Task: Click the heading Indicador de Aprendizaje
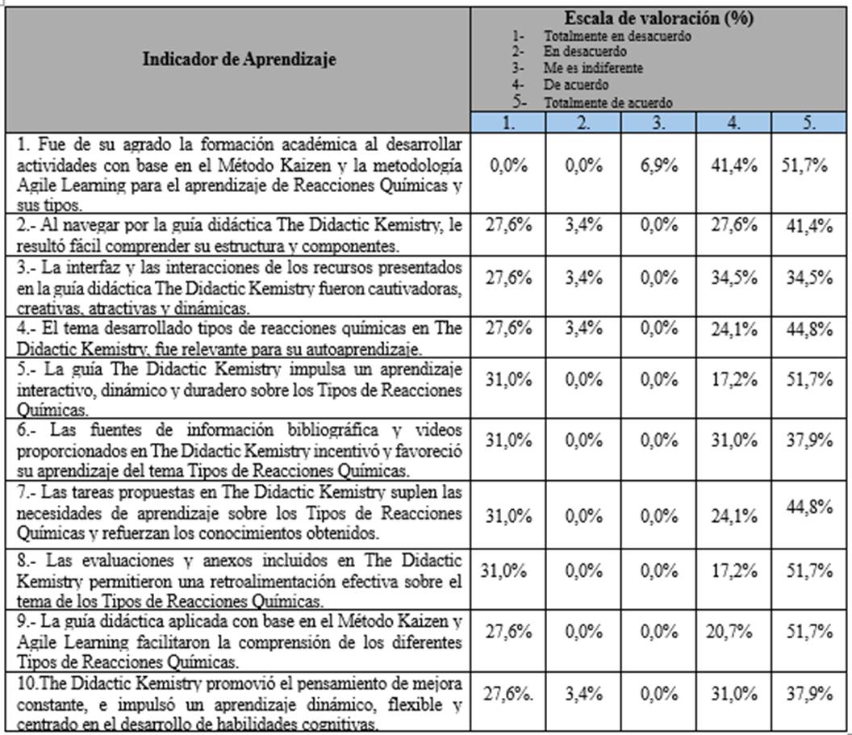pyautogui.click(x=240, y=59)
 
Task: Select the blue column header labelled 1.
pyautogui.click(x=508, y=123)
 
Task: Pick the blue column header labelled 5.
pyautogui.click(x=808, y=123)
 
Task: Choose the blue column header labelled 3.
pyautogui.click(x=660, y=123)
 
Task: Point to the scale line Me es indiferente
pyautogui.click(x=593, y=69)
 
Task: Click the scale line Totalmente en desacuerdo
pyautogui.click(x=617, y=36)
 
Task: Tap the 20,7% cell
pyautogui.click(x=735, y=633)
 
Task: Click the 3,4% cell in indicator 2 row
pyautogui.click(x=584, y=225)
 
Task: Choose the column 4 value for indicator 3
pyautogui.click(x=735, y=278)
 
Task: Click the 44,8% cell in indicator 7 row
pyautogui.click(x=809, y=506)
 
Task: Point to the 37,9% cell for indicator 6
pyautogui.click(x=809, y=441)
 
